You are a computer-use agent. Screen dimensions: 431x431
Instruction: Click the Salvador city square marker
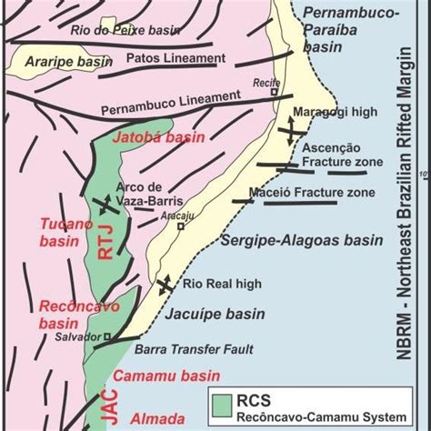click(x=106, y=337)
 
